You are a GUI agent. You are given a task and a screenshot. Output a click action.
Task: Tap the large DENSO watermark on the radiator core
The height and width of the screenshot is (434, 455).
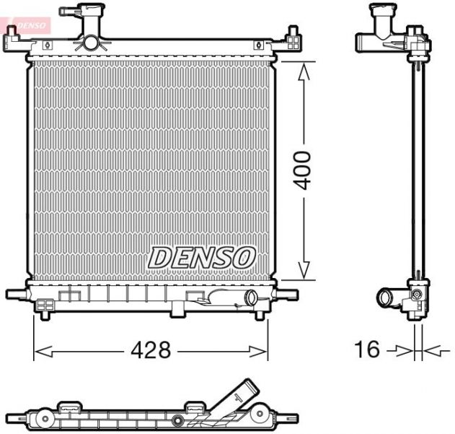(x=202, y=256)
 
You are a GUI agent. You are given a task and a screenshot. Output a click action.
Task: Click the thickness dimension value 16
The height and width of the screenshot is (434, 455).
(x=367, y=350)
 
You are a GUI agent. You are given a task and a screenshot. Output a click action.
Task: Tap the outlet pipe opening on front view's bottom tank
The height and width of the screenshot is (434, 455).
(x=251, y=297)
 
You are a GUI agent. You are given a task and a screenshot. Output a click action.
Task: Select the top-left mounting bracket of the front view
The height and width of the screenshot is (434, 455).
(x=16, y=42)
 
